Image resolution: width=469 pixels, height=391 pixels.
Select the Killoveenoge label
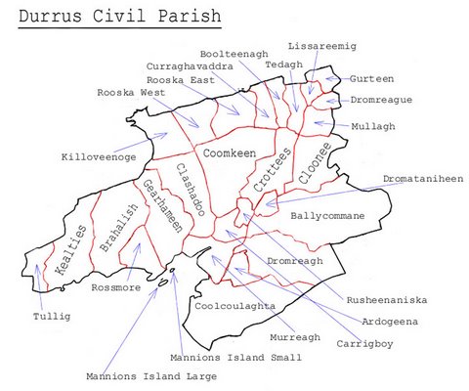pos(98,156)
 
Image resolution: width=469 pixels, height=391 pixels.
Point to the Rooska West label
pos(133,93)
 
